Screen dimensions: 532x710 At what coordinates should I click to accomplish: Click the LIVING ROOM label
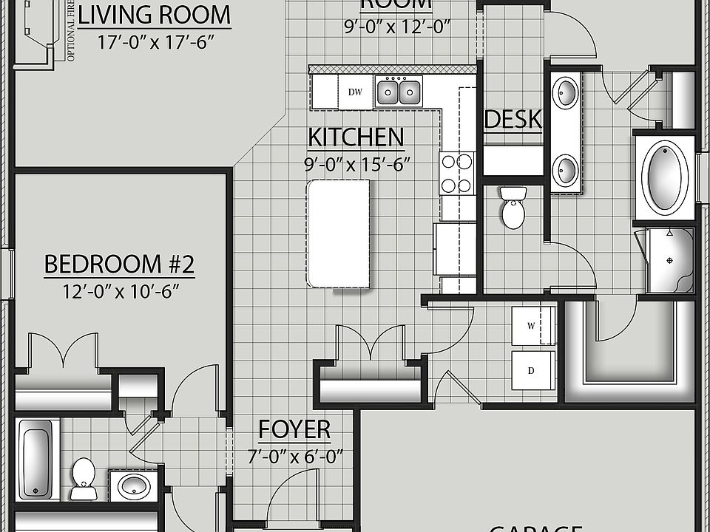click(154, 14)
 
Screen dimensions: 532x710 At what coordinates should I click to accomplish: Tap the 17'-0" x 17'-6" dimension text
click(155, 41)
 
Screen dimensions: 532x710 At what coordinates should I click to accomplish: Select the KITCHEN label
click(356, 137)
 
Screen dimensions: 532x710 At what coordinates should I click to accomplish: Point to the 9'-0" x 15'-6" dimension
click(356, 164)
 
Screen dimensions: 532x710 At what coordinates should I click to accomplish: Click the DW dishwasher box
click(355, 92)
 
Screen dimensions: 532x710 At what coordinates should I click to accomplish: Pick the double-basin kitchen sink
click(398, 92)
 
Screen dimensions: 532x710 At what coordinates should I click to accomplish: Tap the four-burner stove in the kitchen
click(457, 173)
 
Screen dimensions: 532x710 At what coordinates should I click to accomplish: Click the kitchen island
click(338, 233)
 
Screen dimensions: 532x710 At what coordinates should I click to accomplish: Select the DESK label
click(513, 120)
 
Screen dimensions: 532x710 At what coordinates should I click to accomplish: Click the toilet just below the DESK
click(513, 208)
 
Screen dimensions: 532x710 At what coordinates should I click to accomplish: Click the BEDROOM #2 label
click(119, 264)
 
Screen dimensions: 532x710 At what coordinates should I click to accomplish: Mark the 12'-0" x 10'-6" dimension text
click(119, 290)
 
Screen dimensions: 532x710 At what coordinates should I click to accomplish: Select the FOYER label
click(294, 429)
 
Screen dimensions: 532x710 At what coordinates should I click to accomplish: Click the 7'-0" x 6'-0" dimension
click(294, 457)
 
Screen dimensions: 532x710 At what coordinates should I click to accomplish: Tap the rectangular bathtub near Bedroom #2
click(36, 458)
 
